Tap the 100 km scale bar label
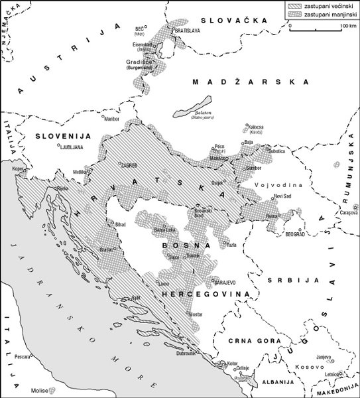[x=348, y=25]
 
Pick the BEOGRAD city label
[x=296, y=235]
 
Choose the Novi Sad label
[x=283, y=196]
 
